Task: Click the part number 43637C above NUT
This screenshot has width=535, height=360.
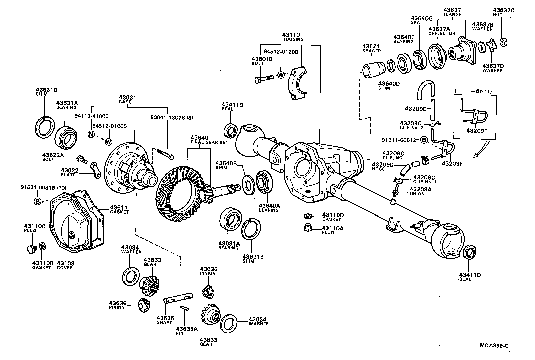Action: click(x=503, y=10)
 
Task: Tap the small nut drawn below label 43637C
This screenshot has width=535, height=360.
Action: click(x=503, y=42)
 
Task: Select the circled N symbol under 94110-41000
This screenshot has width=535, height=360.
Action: click(x=91, y=134)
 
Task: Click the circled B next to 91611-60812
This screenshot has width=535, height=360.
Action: click(x=424, y=140)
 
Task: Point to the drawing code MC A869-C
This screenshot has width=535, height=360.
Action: click(x=494, y=346)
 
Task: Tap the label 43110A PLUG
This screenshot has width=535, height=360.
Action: click(x=332, y=230)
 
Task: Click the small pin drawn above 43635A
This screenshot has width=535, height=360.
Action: click(x=184, y=308)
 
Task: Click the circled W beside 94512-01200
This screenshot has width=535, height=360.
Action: click(x=281, y=75)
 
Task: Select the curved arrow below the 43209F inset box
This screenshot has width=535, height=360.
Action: click(x=481, y=150)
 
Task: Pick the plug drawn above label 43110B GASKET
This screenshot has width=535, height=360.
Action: click(x=31, y=249)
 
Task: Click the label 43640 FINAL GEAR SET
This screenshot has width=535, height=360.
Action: click(x=205, y=140)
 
